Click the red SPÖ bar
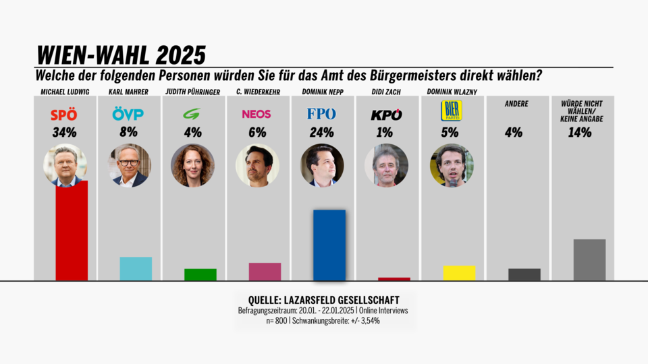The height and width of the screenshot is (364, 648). click(72, 231)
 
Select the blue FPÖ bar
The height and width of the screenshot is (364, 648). click(329, 245)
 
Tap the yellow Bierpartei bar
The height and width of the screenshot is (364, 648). click(459, 272)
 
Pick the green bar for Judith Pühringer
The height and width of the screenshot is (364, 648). click(200, 274)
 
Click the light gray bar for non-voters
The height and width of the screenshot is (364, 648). click(589, 260)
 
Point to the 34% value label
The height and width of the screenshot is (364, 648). click(64, 132)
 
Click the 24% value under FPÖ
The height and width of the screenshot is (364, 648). click(321, 132)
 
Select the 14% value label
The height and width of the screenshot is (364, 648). click(580, 132)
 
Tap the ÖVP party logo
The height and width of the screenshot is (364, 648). click(128, 114)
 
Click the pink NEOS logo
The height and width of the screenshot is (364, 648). click(256, 114)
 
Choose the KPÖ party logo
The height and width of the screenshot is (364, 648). click(386, 115)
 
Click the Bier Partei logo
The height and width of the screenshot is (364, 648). click(451, 111)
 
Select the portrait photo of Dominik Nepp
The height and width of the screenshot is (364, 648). click(322, 165)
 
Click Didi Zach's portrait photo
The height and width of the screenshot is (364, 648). click(386, 165)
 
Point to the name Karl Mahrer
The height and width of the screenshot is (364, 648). click(128, 92)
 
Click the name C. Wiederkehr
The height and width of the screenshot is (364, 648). click(256, 92)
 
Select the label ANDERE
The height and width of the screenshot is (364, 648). click(516, 104)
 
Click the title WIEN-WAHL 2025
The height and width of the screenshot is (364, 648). click(121, 55)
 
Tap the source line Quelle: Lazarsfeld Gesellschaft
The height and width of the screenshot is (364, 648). click(323, 300)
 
